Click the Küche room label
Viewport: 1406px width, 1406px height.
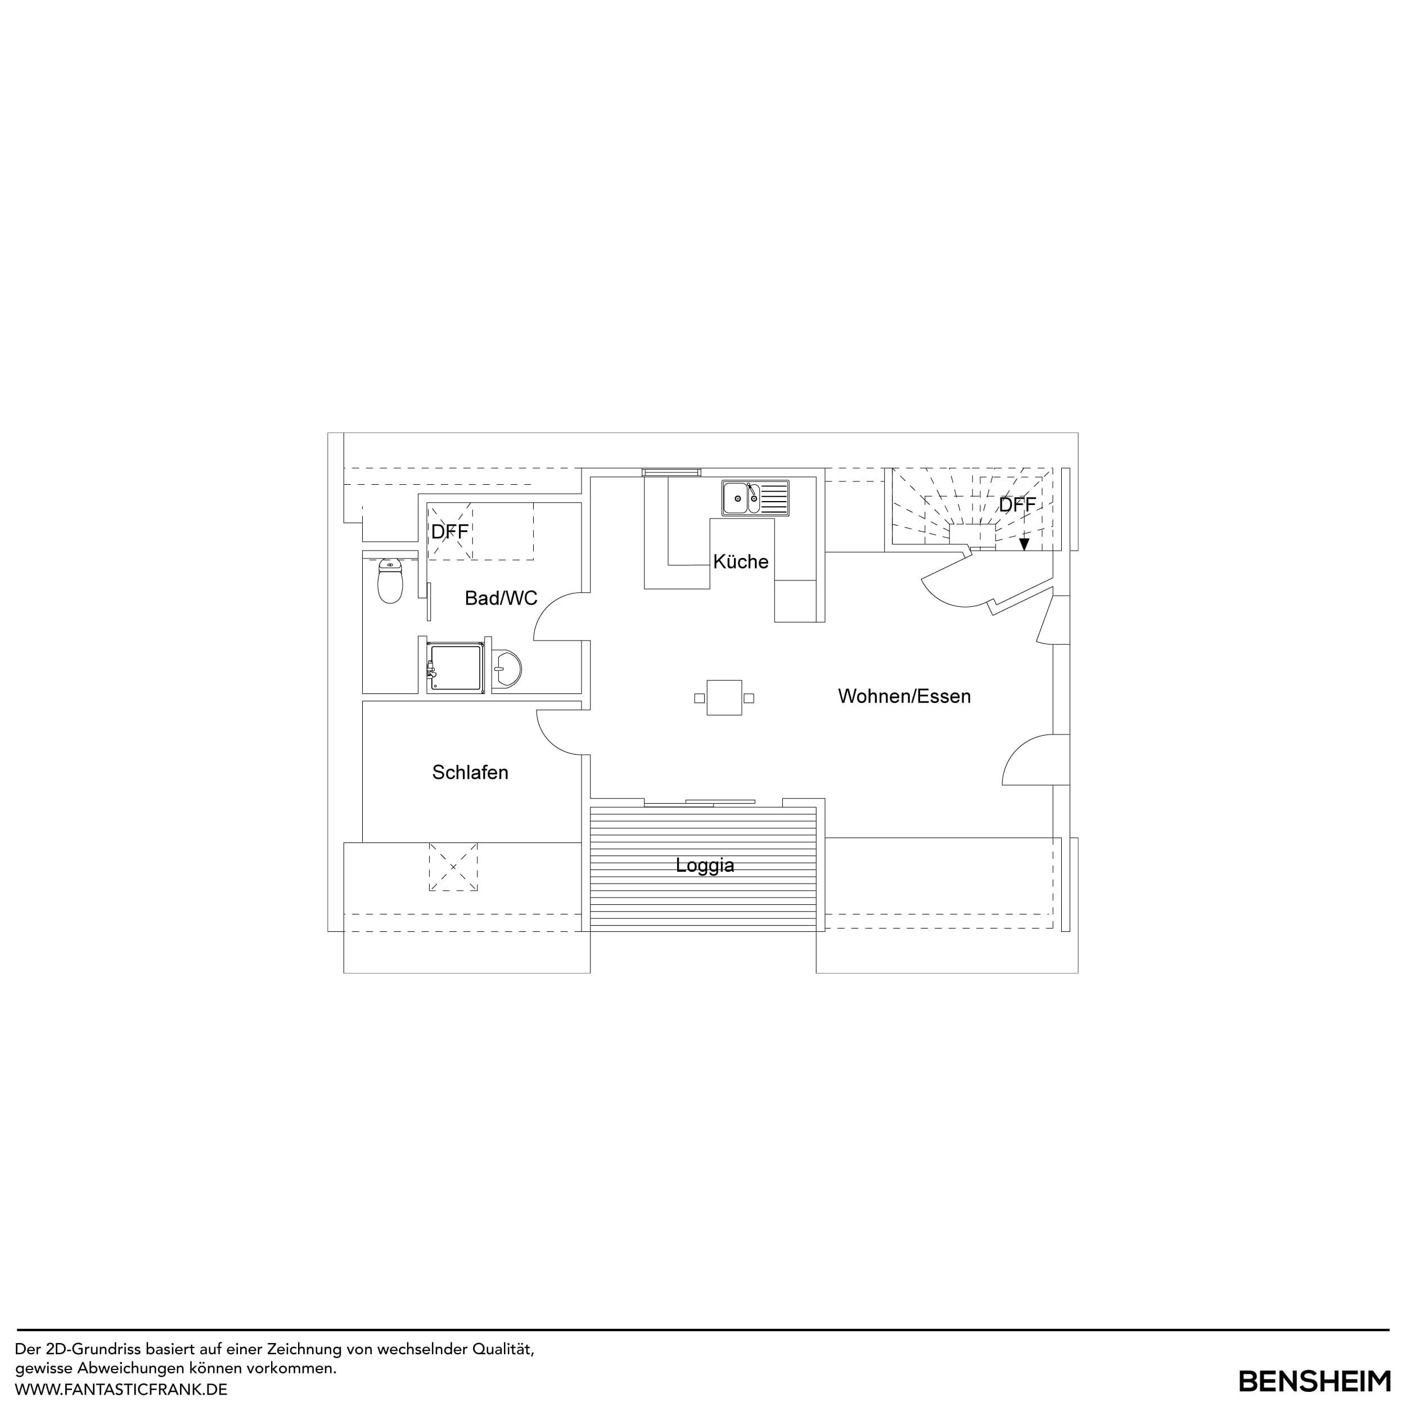point(740,562)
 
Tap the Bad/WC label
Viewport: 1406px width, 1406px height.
point(501,598)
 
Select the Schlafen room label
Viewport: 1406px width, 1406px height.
point(470,772)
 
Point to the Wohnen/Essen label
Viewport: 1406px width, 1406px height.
point(904,696)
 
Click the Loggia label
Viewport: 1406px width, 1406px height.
point(705,866)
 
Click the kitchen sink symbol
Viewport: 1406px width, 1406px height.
point(755,498)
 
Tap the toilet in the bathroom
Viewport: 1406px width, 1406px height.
point(391,582)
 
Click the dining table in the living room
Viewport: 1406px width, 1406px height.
point(724,698)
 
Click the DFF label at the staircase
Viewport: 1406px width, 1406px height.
point(1017,505)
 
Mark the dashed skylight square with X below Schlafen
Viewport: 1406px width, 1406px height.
point(453,867)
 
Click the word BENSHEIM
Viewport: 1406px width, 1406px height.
point(1314,1381)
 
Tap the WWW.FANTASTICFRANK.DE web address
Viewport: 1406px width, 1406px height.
point(121,1389)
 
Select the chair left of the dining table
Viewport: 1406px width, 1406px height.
point(700,698)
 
